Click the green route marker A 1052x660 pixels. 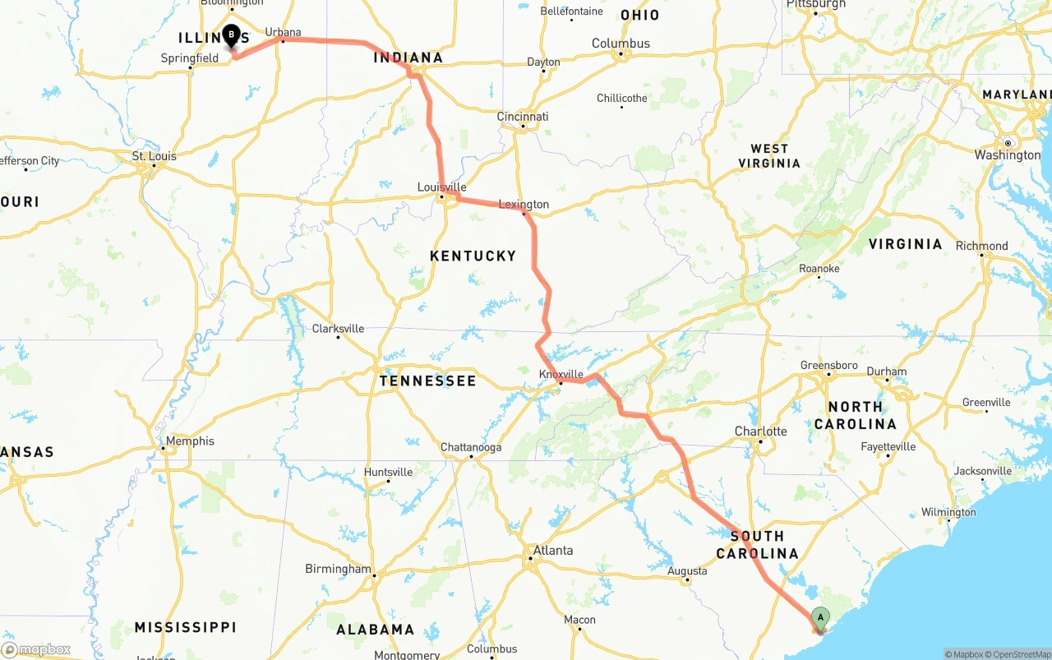pos(819,618)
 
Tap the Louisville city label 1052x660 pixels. pos(441,187)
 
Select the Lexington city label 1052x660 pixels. pos(524,205)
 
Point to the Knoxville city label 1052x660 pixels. pos(561,374)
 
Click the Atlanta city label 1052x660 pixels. pos(553,551)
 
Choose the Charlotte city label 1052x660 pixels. pos(760,432)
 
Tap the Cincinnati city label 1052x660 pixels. pos(523,117)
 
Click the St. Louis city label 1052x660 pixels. pos(155,156)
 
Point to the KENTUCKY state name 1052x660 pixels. pos(473,256)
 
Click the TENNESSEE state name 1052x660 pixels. pos(427,381)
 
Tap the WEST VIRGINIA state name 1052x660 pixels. pos(769,156)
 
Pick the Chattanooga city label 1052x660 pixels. pos(471,448)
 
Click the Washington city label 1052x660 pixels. pos(1008,155)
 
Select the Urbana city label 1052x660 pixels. pos(283,33)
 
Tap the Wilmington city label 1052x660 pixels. pos(948,512)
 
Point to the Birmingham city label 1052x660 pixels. pos(338,569)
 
